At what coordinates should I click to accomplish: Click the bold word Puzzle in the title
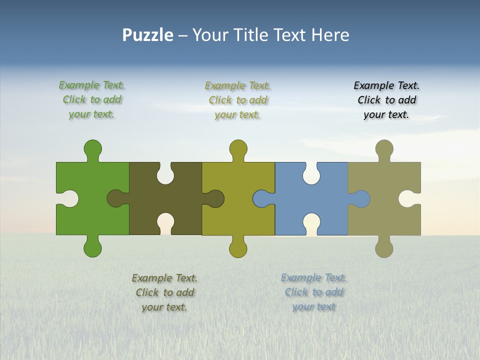click(147, 35)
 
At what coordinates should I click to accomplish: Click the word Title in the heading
click(251, 35)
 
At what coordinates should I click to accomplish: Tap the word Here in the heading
click(330, 35)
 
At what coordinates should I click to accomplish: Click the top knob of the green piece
click(92, 149)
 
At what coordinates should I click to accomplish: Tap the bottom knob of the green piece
click(92, 247)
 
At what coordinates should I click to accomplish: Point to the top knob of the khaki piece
click(384, 149)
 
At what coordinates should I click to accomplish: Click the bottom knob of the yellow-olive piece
click(238, 247)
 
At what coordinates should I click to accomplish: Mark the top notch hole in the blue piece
click(311, 174)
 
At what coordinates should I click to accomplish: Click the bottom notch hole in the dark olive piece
click(165, 222)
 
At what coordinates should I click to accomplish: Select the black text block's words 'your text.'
click(386, 114)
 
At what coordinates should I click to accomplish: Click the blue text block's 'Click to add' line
click(314, 292)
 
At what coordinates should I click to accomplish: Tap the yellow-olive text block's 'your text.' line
click(237, 114)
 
